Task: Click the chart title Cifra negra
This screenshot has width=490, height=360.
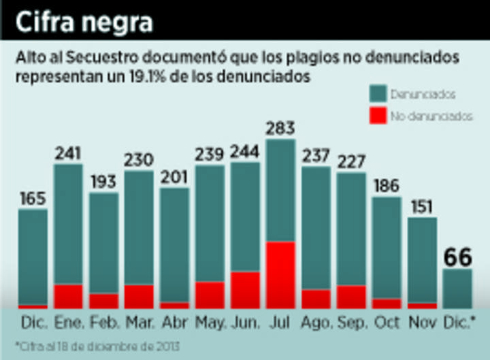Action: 85,22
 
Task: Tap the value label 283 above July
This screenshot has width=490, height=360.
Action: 280,128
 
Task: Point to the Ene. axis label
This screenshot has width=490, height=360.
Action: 68,321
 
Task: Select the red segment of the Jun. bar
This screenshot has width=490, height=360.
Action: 245,289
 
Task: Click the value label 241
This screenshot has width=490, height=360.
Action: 68,153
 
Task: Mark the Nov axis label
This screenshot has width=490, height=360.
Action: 422,321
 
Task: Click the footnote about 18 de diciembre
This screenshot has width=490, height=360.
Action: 99,346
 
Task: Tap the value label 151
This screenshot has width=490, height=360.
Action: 422,207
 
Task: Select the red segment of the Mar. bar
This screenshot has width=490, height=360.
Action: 139,296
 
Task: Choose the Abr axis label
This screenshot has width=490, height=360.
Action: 174,321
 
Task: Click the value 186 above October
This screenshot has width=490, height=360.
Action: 387,186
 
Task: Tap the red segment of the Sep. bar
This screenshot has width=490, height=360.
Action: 351,296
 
